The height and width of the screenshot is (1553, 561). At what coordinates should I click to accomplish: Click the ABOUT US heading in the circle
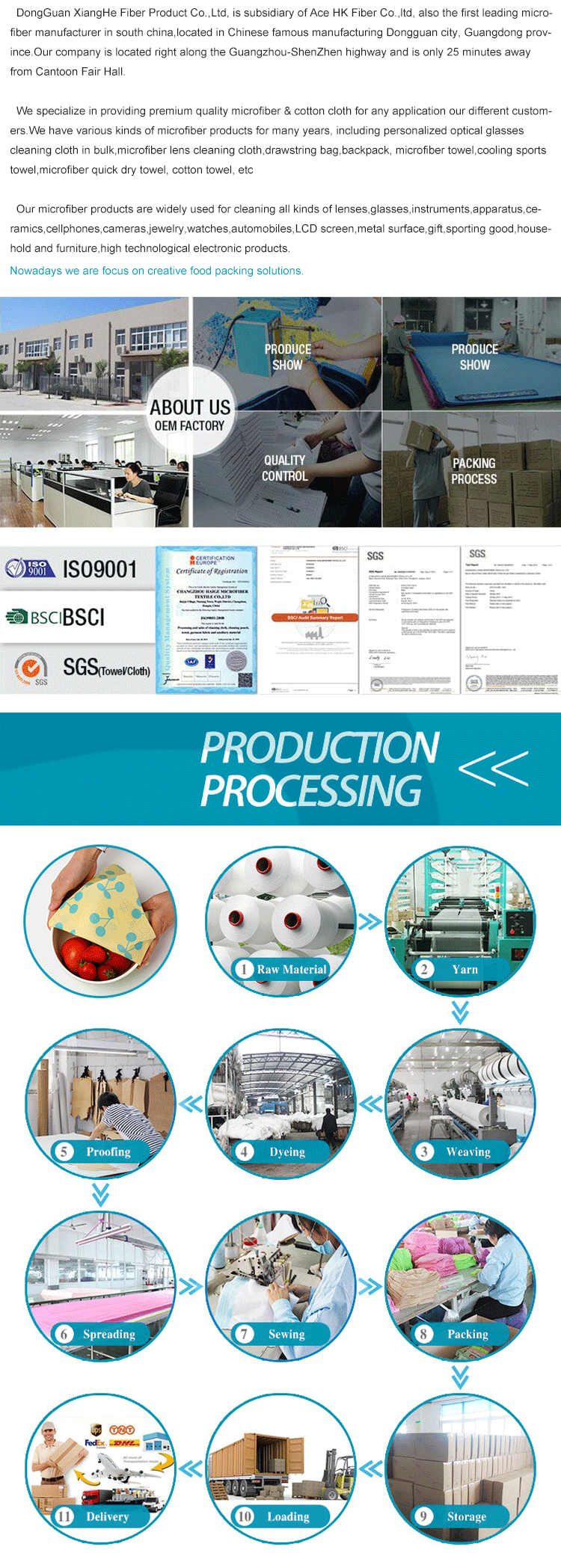coord(190,408)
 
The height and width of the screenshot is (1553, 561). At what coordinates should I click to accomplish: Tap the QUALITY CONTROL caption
coord(284,468)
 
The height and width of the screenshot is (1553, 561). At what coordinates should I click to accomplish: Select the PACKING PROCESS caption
coord(473,471)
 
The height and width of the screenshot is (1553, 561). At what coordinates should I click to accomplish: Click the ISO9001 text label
coord(99,570)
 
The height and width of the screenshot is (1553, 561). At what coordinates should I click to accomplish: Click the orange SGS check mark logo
coord(31,666)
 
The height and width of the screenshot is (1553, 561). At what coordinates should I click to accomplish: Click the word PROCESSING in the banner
coord(311,791)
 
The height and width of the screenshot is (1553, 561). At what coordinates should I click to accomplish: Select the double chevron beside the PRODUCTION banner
coord(494,768)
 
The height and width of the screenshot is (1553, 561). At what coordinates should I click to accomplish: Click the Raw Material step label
coord(292,970)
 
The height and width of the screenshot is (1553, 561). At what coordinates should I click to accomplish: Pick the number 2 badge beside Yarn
coord(424,970)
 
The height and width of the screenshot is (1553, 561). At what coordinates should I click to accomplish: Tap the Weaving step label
coord(468,1152)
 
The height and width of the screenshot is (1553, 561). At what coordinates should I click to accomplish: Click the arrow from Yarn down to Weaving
coord(460,1012)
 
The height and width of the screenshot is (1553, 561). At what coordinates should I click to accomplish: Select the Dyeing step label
coord(287,1152)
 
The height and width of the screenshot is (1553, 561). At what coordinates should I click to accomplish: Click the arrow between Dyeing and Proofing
coord(191,1104)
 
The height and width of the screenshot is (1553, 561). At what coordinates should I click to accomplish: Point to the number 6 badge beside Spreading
coord(64,1335)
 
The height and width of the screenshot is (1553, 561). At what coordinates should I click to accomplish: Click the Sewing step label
coord(286,1335)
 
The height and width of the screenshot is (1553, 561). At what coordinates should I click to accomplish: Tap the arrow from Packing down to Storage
coord(460,1377)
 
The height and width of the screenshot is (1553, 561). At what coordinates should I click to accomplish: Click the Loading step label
coord(288,1517)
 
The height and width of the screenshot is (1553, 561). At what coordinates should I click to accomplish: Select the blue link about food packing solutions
coord(156,271)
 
